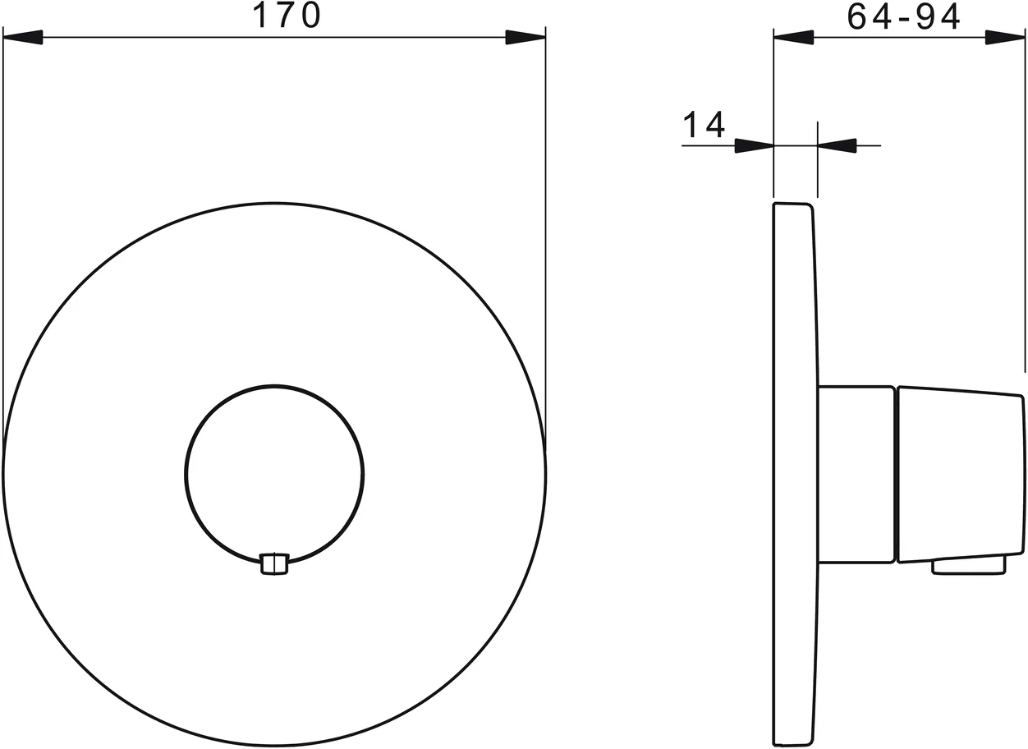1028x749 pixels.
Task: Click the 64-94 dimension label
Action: [x=903, y=16]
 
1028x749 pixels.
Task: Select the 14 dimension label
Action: [x=704, y=124]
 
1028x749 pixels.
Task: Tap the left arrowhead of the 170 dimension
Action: [x=23, y=38]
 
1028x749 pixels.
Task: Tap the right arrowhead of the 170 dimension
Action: [x=525, y=38]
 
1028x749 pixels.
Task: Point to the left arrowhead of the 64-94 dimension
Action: [x=793, y=38]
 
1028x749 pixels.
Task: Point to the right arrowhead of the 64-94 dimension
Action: [x=1005, y=38]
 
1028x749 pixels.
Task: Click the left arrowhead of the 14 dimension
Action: [x=754, y=146]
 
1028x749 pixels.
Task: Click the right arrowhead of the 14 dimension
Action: [x=838, y=146]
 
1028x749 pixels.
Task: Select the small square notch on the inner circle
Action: [x=274, y=563]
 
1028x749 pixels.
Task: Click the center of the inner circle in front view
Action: [x=274, y=474]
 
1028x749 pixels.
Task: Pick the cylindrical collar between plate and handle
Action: [x=855, y=474]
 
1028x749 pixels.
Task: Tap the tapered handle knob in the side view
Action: [x=960, y=474]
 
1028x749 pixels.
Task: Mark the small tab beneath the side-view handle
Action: [x=968, y=565]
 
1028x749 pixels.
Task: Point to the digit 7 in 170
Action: [x=286, y=16]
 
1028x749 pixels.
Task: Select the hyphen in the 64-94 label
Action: [x=902, y=18]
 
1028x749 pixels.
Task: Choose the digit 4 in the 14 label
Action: [x=714, y=124]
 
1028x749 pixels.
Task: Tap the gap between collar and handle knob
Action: [x=896, y=474]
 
